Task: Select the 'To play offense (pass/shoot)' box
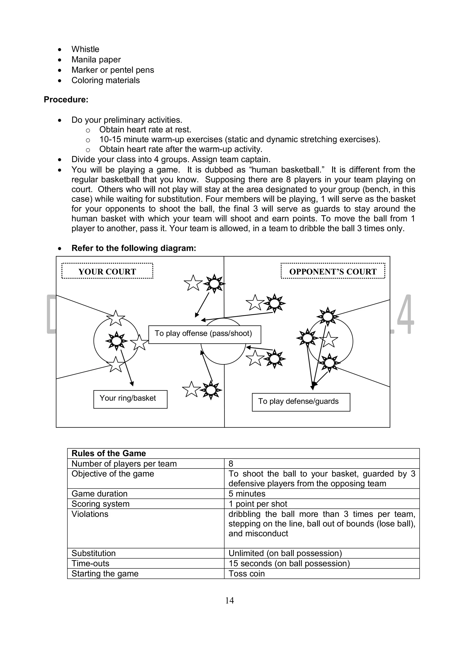[204, 334]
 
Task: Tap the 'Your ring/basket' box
[130, 399]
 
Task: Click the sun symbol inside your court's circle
[116, 341]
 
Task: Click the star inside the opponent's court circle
[328, 340]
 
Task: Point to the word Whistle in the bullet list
[85, 49]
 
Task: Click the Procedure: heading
[66, 99]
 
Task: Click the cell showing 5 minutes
[247, 494]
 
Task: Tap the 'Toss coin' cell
[246, 574]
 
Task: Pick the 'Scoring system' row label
[100, 504]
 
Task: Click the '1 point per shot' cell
[258, 504]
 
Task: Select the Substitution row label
[93, 553]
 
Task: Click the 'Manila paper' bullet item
[96, 60]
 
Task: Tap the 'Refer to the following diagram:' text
[134, 248]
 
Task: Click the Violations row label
[90, 514]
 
